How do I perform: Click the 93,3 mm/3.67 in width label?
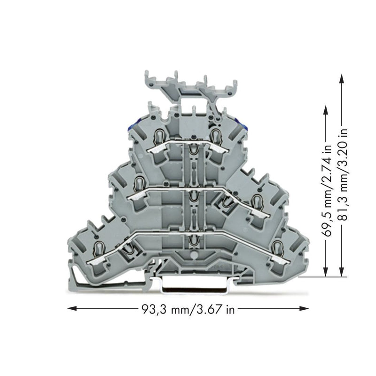click(x=188, y=309)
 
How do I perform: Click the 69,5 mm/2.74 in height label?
click(x=328, y=191)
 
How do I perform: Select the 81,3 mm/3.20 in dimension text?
click(x=343, y=175)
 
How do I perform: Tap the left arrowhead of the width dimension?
click(x=72, y=308)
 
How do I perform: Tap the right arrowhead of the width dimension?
click(x=304, y=308)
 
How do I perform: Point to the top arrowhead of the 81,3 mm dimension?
click(x=342, y=78)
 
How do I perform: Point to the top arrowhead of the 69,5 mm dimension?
click(x=326, y=111)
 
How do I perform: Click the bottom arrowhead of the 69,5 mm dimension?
click(x=326, y=272)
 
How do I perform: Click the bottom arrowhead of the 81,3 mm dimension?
click(x=342, y=272)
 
